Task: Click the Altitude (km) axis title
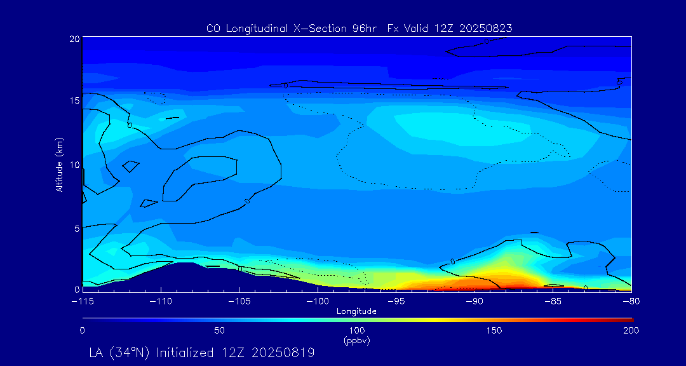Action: pos(59,164)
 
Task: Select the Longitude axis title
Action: pos(356,311)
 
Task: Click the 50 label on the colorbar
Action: pos(219,330)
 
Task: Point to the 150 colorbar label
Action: pos(494,330)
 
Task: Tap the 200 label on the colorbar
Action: pos(631,330)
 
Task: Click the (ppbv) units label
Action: pos(356,341)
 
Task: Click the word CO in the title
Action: pos(213,28)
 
